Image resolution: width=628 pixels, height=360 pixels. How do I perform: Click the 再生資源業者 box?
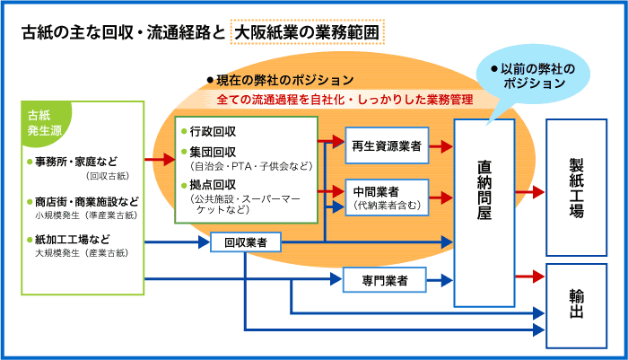pyautogui.click(x=387, y=145)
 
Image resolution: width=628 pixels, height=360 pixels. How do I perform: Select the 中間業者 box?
pyautogui.click(x=387, y=198)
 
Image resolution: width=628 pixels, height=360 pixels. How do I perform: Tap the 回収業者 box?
pyautogui.click(x=246, y=242)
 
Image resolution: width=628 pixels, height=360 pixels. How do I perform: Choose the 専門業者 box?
pyautogui.click(x=385, y=280)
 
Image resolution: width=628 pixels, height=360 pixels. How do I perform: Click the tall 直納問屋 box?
pyautogui.click(x=484, y=213)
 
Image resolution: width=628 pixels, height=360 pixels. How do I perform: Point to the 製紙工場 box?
pyautogui.click(x=576, y=188)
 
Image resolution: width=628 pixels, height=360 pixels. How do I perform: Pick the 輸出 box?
pyautogui.click(x=576, y=306)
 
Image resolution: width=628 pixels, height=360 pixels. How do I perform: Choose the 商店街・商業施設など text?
pyautogui.click(x=86, y=201)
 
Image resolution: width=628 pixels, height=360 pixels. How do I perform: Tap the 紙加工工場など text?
pyautogui.click(x=72, y=240)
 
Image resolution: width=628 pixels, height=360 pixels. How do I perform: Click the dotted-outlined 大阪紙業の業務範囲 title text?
pyautogui.click(x=307, y=32)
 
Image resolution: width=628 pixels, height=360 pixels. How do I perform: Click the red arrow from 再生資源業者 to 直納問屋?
pyautogui.click(x=441, y=146)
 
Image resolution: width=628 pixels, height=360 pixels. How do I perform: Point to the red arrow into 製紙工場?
pyautogui.click(x=530, y=192)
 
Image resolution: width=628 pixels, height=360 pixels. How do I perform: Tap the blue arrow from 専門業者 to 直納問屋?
pyautogui.click(x=440, y=280)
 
